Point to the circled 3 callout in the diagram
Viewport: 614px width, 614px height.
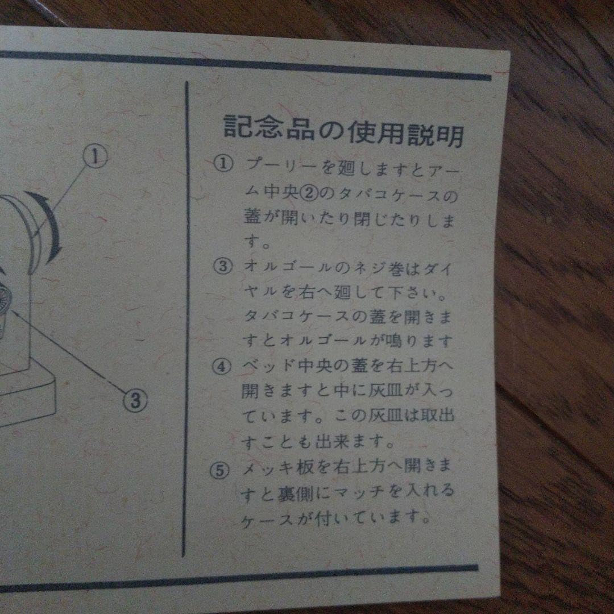click(135, 400)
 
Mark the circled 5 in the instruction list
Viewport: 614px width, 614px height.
click(222, 471)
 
